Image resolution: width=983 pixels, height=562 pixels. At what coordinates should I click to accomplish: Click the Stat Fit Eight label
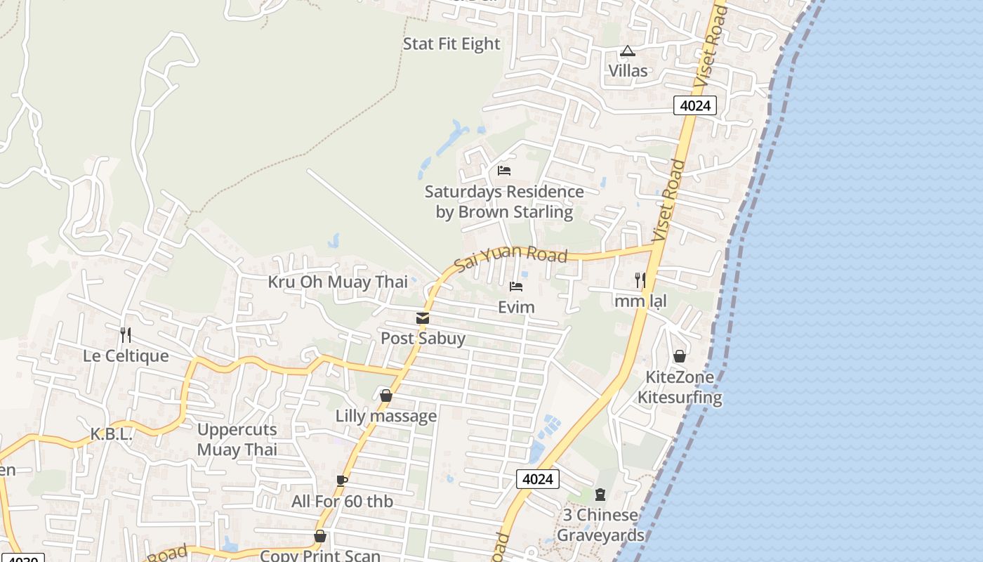451,44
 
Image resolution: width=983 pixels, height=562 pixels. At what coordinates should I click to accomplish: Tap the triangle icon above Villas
627,51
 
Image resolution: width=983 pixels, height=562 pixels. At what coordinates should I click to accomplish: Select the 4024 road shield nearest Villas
695,105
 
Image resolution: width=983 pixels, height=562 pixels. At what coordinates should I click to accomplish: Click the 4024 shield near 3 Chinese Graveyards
538,479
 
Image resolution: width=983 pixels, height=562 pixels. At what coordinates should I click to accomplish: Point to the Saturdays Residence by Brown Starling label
504,202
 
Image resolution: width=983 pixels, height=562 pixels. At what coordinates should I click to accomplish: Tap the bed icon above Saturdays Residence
503,170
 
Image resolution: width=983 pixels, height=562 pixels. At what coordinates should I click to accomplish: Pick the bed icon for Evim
516,287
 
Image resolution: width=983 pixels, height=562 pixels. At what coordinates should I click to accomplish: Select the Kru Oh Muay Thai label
338,282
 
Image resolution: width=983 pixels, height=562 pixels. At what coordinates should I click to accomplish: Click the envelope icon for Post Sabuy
423,319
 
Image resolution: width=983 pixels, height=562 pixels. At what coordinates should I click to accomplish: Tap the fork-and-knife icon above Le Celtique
126,334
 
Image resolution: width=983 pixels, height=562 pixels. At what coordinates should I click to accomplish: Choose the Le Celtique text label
126,355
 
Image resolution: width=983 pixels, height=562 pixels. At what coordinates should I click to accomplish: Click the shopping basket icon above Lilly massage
385,396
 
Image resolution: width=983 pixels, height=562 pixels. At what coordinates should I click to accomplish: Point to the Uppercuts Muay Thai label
237,439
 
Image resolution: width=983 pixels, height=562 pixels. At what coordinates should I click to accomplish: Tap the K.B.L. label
111,434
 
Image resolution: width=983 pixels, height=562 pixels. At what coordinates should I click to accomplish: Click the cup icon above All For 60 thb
342,481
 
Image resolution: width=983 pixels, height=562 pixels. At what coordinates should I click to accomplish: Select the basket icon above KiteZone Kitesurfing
679,356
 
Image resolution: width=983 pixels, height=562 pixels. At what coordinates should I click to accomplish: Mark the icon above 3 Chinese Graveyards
600,495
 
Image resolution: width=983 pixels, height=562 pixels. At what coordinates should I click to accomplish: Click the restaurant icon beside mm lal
640,280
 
